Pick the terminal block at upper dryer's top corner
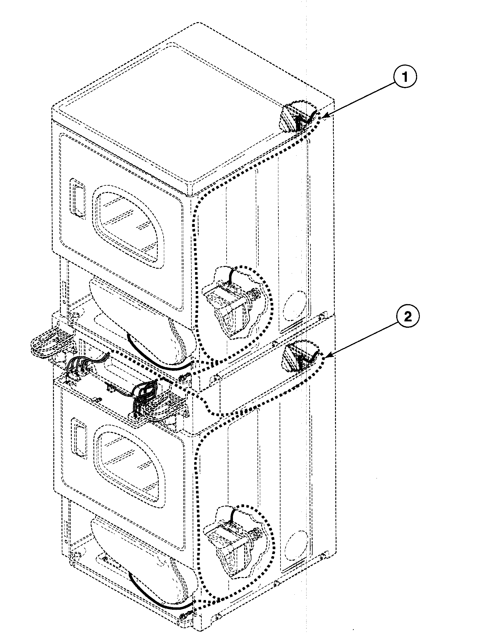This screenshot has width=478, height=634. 298,117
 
